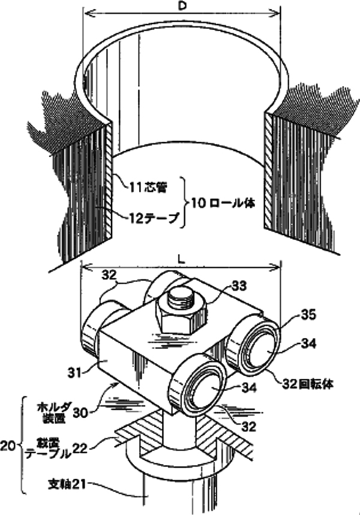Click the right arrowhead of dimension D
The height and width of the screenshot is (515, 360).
pyautogui.click(x=277, y=12)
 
